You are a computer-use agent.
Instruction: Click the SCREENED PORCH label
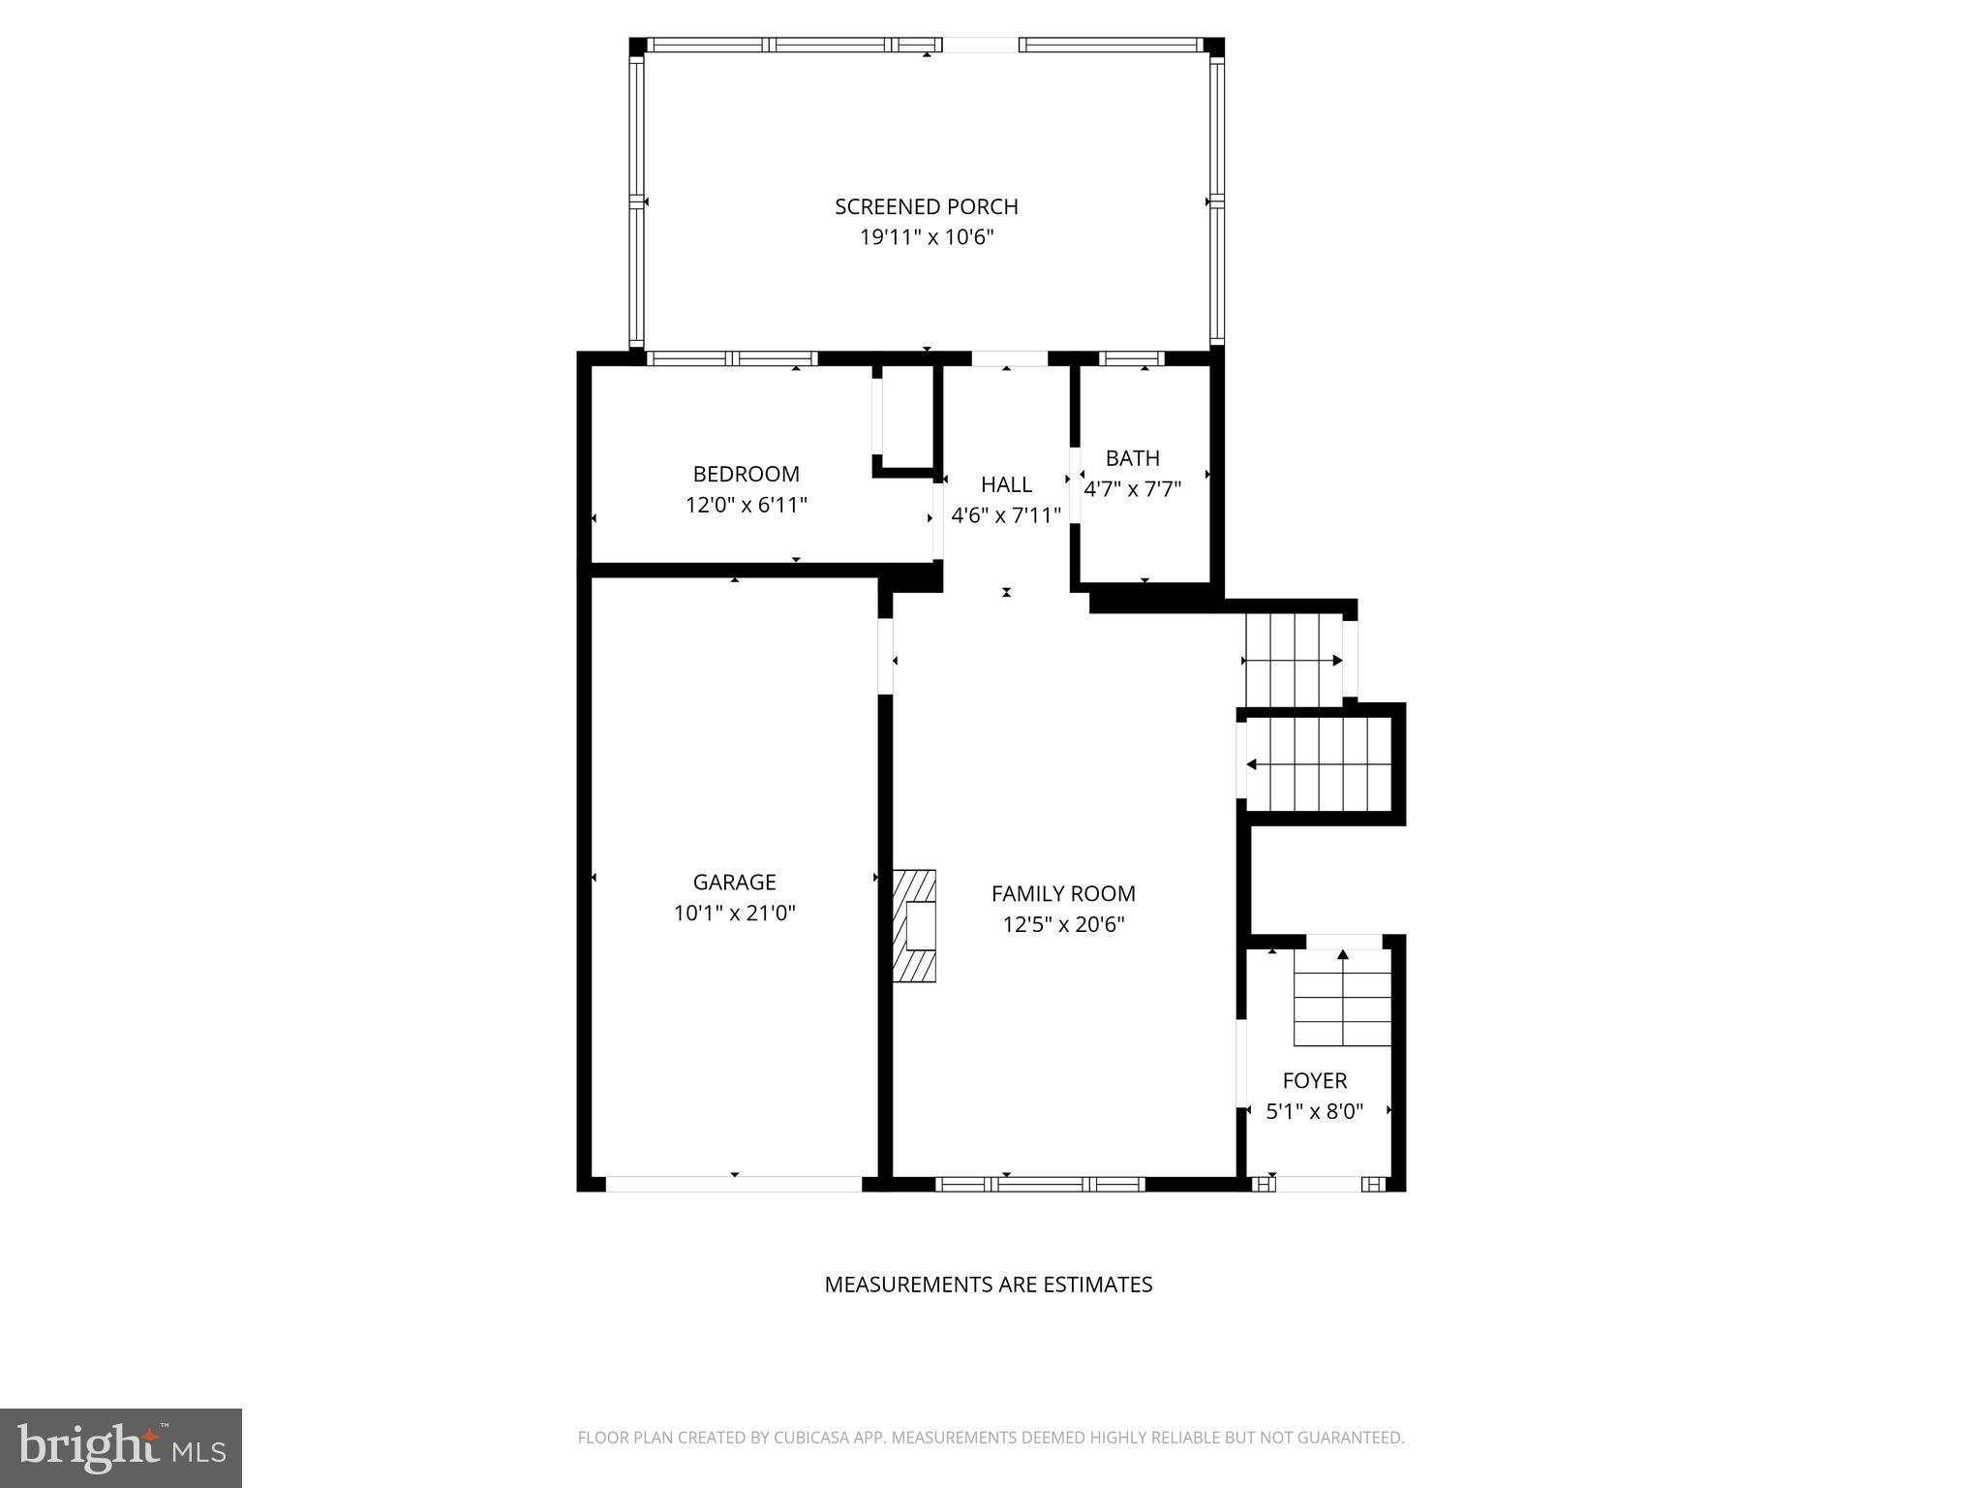click(x=927, y=206)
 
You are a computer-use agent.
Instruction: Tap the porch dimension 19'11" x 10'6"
click(x=927, y=237)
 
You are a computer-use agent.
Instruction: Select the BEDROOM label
click(x=746, y=474)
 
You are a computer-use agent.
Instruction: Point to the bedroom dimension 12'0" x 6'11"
click(x=746, y=505)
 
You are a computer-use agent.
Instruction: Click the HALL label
click(x=1006, y=484)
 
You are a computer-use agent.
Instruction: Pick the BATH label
click(x=1132, y=458)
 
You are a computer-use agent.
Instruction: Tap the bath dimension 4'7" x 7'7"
click(x=1132, y=489)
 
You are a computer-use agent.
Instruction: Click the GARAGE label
click(x=734, y=882)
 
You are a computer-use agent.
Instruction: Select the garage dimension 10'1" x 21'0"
click(x=734, y=913)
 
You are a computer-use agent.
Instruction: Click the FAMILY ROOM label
click(x=1063, y=893)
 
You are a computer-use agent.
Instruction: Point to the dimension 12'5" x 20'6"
click(x=1063, y=924)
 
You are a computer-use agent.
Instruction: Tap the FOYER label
click(x=1314, y=1080)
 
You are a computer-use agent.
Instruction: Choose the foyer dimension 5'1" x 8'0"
click(x=1314, y=1111)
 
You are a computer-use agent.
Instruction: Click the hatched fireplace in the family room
click(x=914, y=926)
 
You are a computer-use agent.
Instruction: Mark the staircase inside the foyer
click(x=1342, y=998)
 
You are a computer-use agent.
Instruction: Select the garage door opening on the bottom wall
click(x=734, y=1184)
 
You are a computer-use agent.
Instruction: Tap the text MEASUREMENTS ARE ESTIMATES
click(x=988, y=1285)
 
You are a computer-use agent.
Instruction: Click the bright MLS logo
click(x=121, y=1447)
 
